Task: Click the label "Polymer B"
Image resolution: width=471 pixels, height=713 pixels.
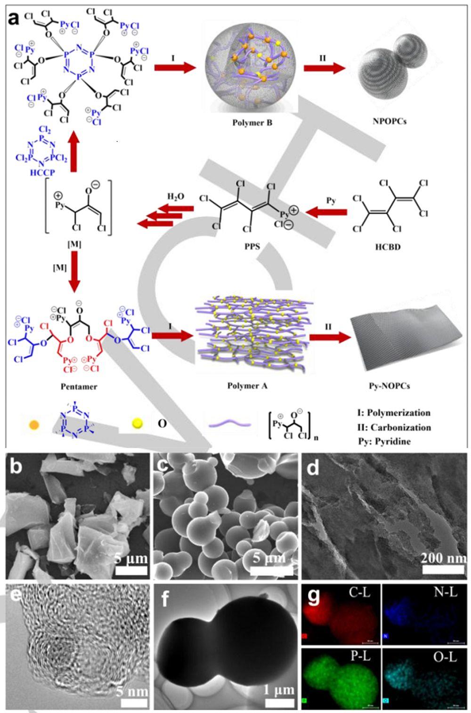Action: click(x=252, y=123)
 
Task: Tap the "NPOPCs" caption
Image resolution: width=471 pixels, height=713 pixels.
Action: click(x=389, y=121)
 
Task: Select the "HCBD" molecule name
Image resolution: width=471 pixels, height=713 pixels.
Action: click(x=389, y=246)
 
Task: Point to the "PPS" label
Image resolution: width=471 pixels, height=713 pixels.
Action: click(x=252, y=246)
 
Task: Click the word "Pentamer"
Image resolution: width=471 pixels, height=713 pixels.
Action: click(x=79, y=386)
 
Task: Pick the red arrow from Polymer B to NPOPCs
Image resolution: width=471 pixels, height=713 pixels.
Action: click(x=324, y=68)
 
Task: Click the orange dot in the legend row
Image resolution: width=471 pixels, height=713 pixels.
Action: click(x=34, y=425)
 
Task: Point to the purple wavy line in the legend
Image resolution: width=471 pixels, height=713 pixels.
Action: click(x=230, y=424)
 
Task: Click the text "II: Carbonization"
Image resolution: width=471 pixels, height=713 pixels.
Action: click(x=394, y=427)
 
